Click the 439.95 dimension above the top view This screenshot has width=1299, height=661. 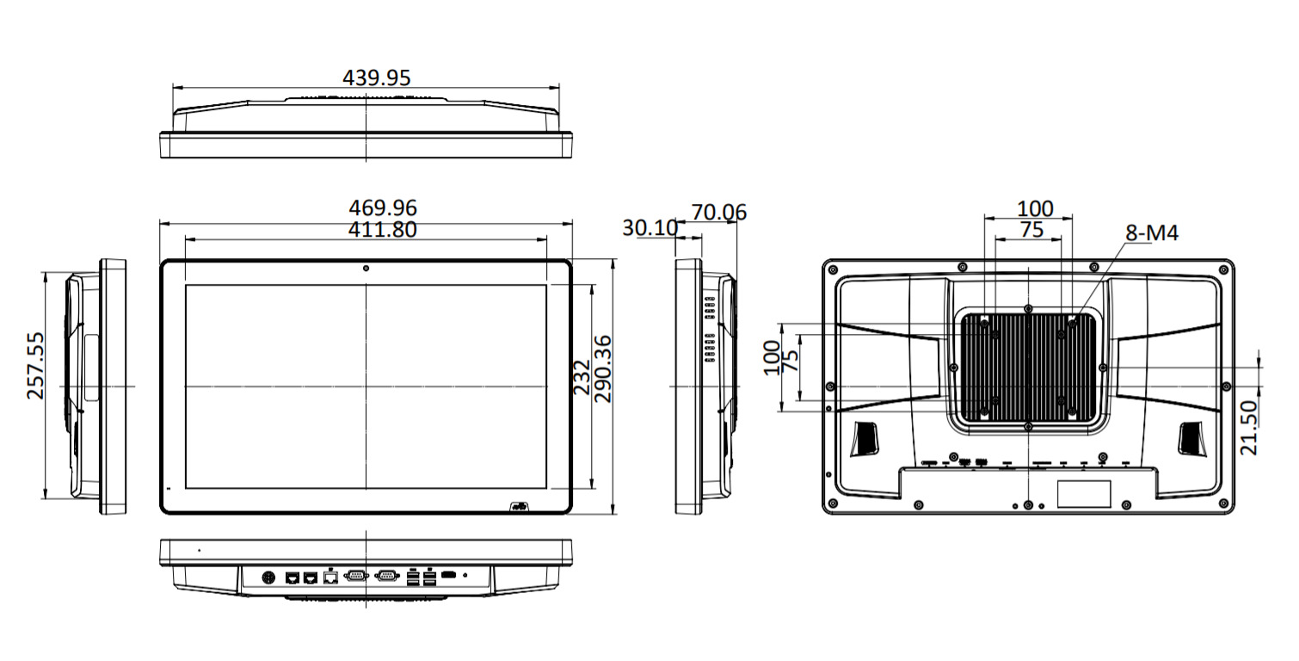pos(376,77)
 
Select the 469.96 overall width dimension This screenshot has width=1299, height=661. pos(383,207)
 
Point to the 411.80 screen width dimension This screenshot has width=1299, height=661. pos(382,230)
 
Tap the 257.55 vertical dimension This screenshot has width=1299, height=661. pos(36,366)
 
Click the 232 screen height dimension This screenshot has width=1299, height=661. pos(582,377)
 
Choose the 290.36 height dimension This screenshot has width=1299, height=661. pos(603,369)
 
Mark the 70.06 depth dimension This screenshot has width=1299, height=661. pos(718,213)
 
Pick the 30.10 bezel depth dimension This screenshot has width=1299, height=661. pos(649,228)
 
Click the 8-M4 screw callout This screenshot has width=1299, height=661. pos(1152,232)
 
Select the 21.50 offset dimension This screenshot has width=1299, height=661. pos(1248,428)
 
